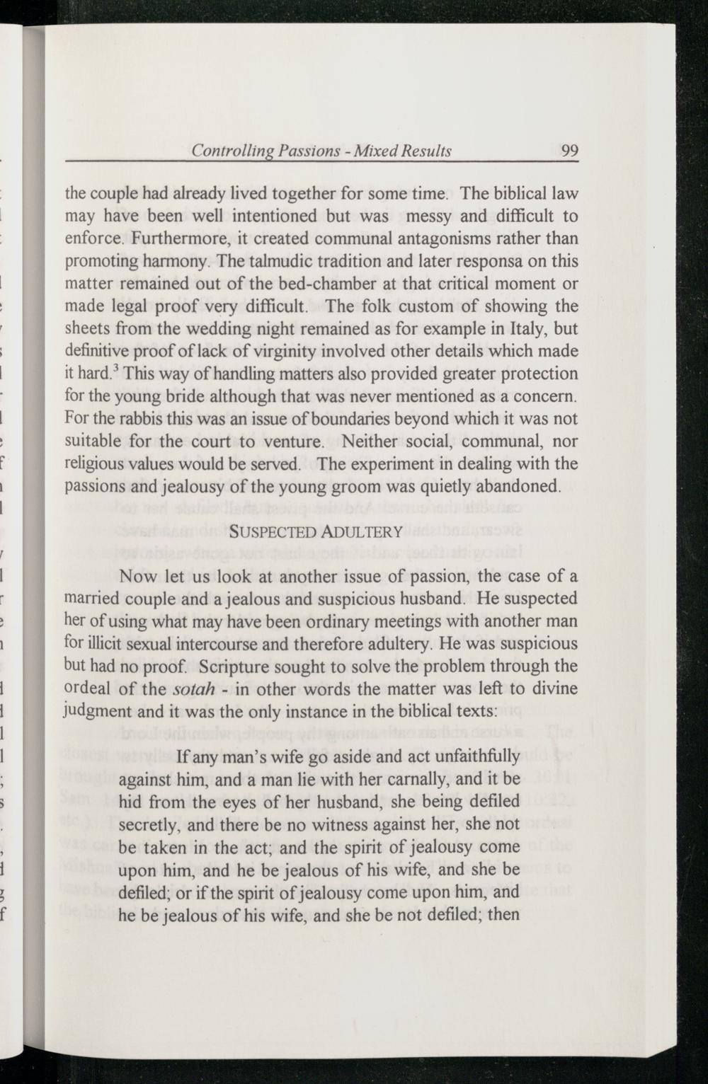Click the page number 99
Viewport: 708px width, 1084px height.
570,151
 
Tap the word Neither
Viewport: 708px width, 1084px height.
372,442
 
